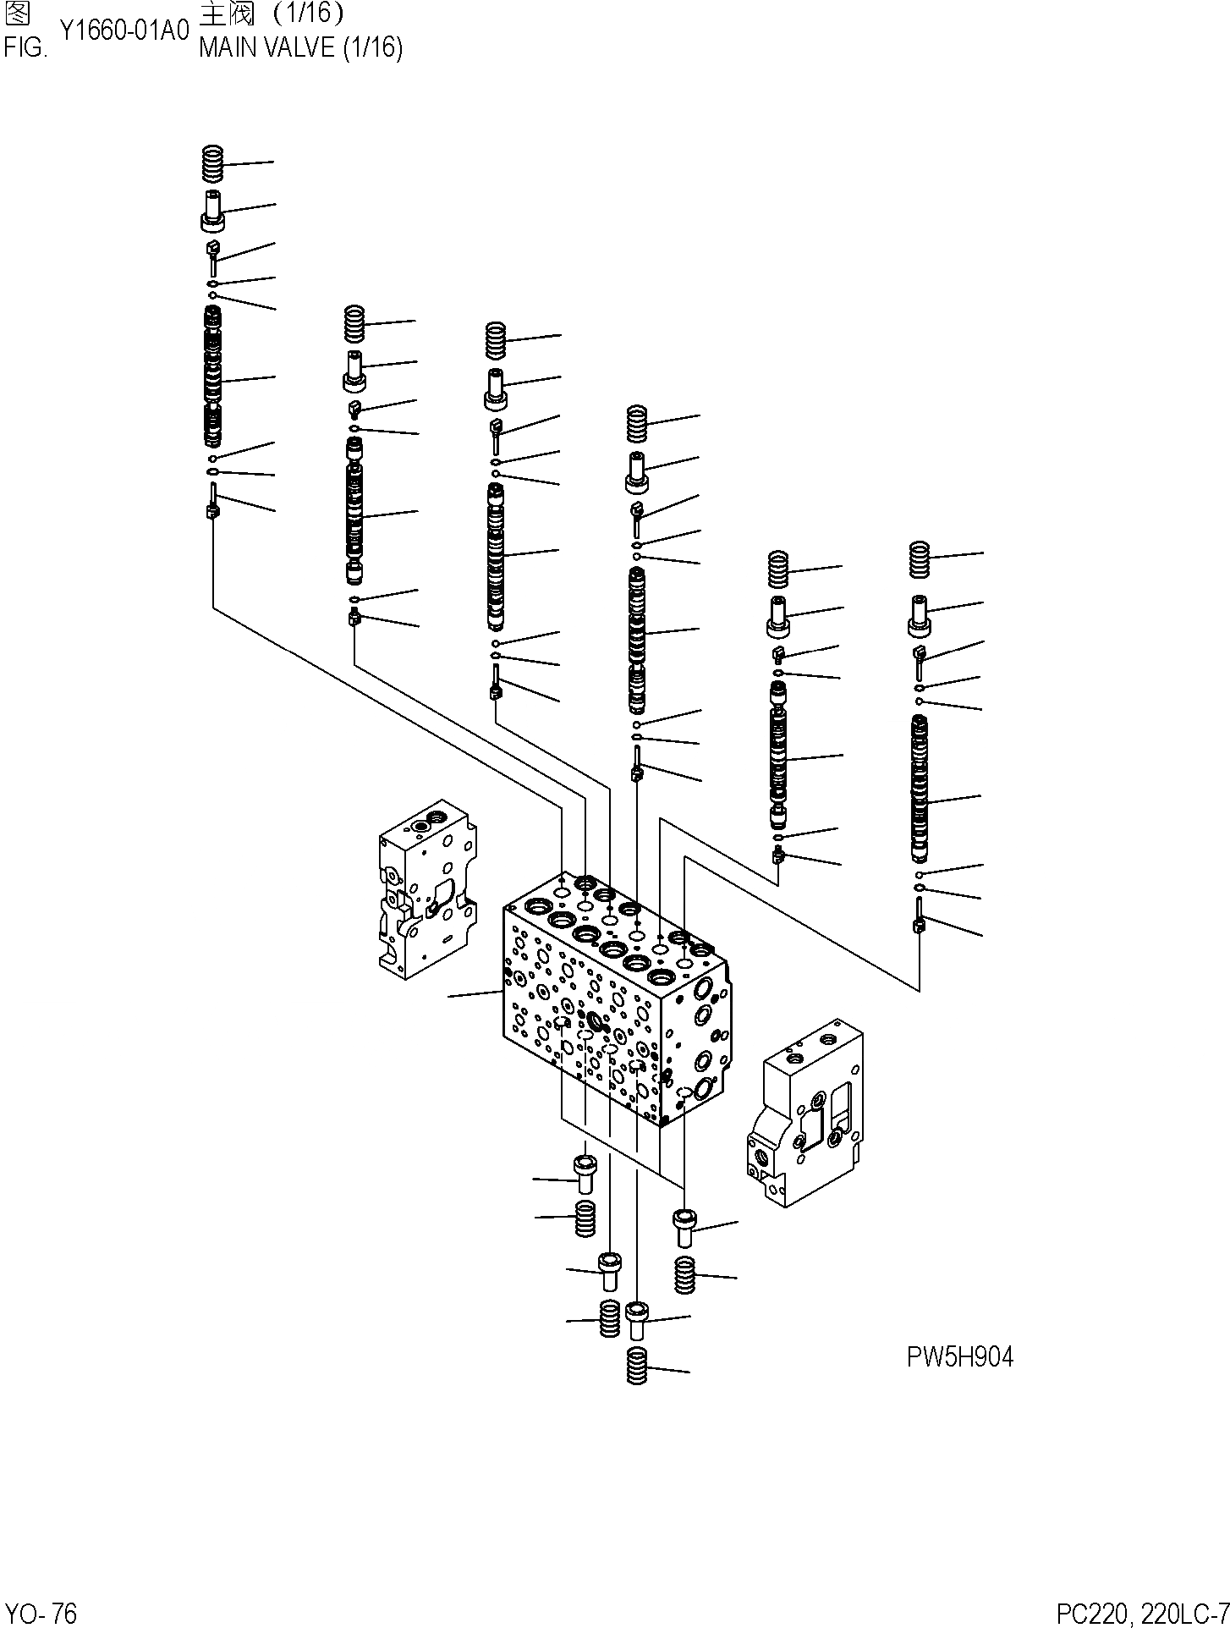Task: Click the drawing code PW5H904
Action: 959,1357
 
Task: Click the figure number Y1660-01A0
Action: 124,31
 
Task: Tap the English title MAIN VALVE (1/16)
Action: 300,47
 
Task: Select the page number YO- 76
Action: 41,1613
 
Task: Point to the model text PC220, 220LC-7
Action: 1141,1613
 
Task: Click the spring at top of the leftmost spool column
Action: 213,162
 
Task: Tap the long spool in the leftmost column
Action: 212,377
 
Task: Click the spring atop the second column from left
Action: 354,323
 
